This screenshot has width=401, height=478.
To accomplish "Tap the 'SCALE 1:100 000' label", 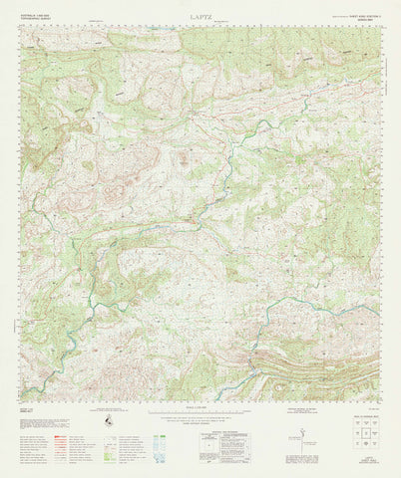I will (200, 409).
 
